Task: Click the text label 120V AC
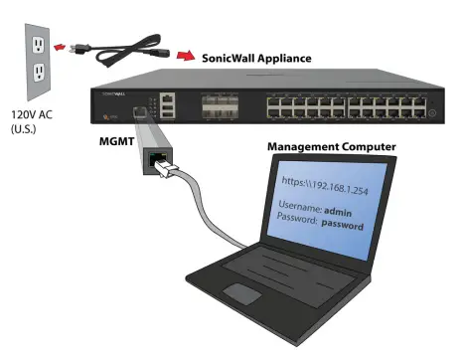(x=30, y=115)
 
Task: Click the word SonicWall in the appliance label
(x=232, y=59)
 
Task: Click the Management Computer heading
(x=331, y=147)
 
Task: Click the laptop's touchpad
(x=242, y=292)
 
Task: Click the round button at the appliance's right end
(x=432, y=114)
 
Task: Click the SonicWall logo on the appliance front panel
(x=111, y=91)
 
